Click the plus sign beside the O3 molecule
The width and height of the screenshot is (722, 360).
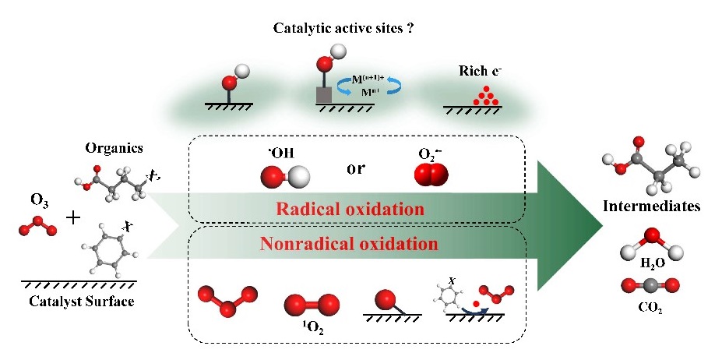coord(72,218)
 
